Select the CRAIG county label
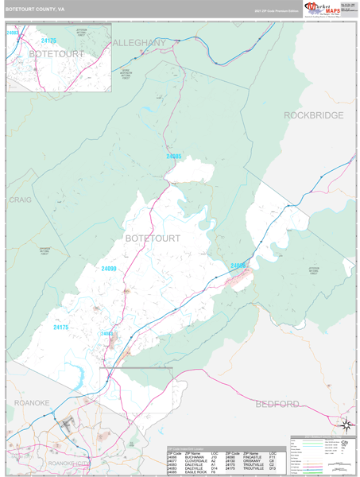pos(20,200)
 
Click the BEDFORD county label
pos(277,404)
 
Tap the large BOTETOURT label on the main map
pos(153,238)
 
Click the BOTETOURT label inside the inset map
pos(56,53)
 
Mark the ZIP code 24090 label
pos(109,270)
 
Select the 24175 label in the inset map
pos(49,41)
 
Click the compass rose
pos(346,425)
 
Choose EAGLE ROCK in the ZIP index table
pos(195,472)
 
